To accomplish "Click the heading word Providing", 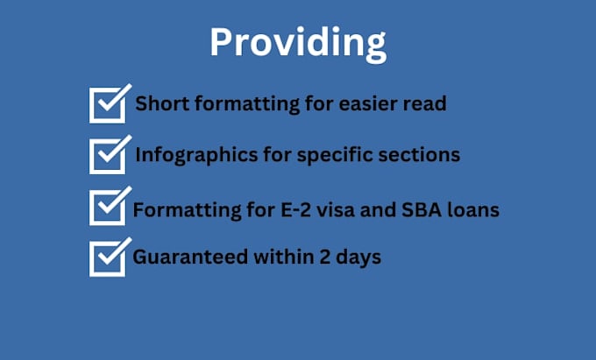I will (297, 42).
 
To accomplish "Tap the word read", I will (425, 104).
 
